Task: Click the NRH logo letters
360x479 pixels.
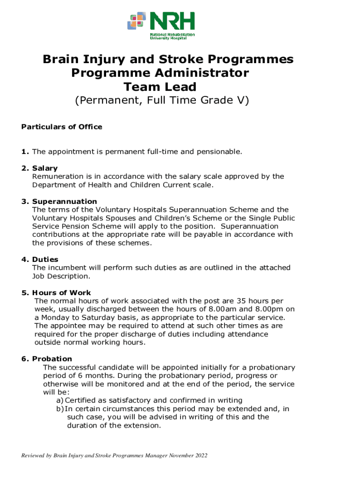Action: pyautogui.click(x=172, y=22)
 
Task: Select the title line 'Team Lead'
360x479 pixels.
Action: pyautogui.click(x=160, y=87)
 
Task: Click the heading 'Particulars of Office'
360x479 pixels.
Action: pyautogui.click(x=62, y=127)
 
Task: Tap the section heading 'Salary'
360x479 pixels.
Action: pyautogui.click(x=45, y=168)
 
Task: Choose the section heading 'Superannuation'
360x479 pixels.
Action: pyautogui.click(x=65, y=201)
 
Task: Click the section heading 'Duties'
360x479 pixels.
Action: pyautogui.click(x=45, y=259)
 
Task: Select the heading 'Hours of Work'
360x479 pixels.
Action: pyautogui.click(x=62, y=293)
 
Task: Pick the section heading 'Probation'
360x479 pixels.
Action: pyautogui.click(x=52, y=359)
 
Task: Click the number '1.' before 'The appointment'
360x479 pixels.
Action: pyautogui.click(x=25, y=152)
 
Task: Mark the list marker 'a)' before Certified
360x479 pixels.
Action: pyautogui.click(x=60, y=400)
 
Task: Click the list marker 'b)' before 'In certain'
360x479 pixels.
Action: pyautogui.click(x=60, y=409)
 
